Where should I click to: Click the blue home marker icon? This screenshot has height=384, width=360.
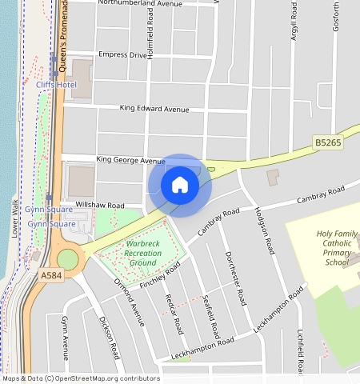[180, 186]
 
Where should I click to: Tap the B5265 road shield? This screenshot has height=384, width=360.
[328, 143]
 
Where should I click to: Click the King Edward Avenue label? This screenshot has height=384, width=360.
[154, 108]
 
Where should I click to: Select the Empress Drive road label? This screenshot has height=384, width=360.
[122, 55]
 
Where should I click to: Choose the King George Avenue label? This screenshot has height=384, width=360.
[130, 160]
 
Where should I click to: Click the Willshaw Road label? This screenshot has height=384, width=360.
[100, 206]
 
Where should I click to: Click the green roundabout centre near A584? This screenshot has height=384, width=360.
[68, 259]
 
